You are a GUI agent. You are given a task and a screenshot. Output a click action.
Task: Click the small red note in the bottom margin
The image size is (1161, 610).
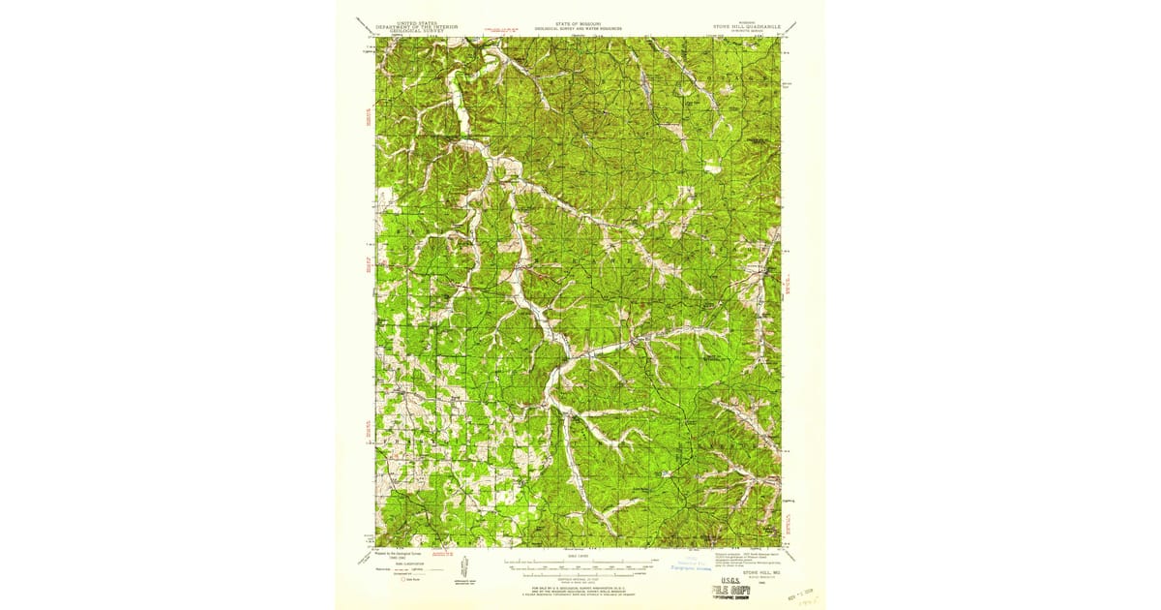click(444, 554)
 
